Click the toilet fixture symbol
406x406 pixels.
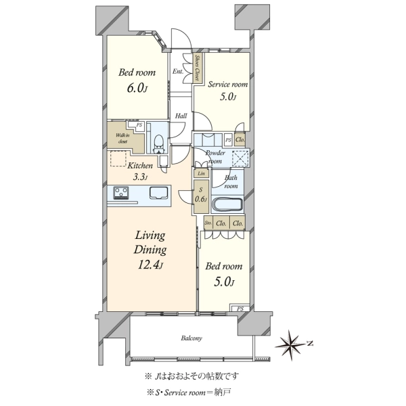(x=158, y=145)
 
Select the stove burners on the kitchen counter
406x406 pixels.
(x=121, y=193)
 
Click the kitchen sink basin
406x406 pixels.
(x=159, y=193)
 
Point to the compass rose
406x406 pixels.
(x=291, y=345)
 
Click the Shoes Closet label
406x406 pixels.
(x=198, y=68)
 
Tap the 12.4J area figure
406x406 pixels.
(x=150, y=265)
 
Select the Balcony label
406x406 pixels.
(x=191, y=338)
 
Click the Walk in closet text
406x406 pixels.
(x=122, y=138)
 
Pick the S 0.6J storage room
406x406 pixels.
(x=201, y=196)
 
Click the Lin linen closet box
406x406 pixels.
(x=201, y=173)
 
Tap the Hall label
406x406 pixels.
(x=181, y=116)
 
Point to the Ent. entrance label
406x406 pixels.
(x=178, y=72)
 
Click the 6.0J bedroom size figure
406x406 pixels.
(x=137, y=88)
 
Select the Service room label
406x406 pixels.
(x=228, y=85)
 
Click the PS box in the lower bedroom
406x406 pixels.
(x=240, y=309)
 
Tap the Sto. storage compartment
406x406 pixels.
(x=208, y=223)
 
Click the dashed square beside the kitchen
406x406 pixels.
(x=118, y=158)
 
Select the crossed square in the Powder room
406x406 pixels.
(x=240, y=158)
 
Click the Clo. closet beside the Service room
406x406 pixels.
(x=240, y=140)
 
